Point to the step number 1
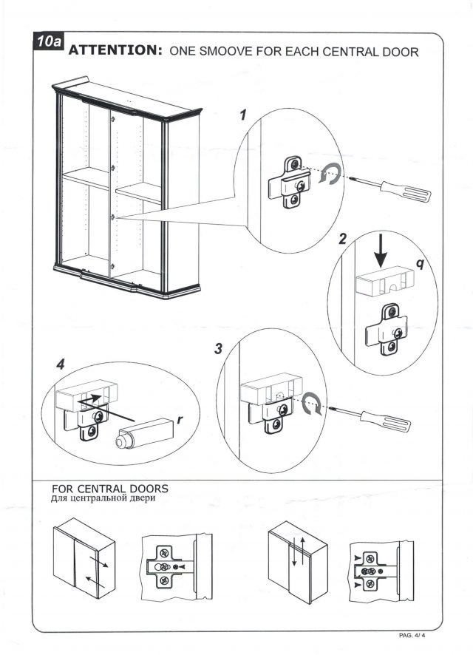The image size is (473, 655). coord(242,115)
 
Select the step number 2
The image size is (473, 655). coord(342,239)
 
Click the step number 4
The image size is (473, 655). coord(60,364)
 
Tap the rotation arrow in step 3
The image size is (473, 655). coord(314,404)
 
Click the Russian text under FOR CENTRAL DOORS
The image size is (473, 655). coord(102,499)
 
